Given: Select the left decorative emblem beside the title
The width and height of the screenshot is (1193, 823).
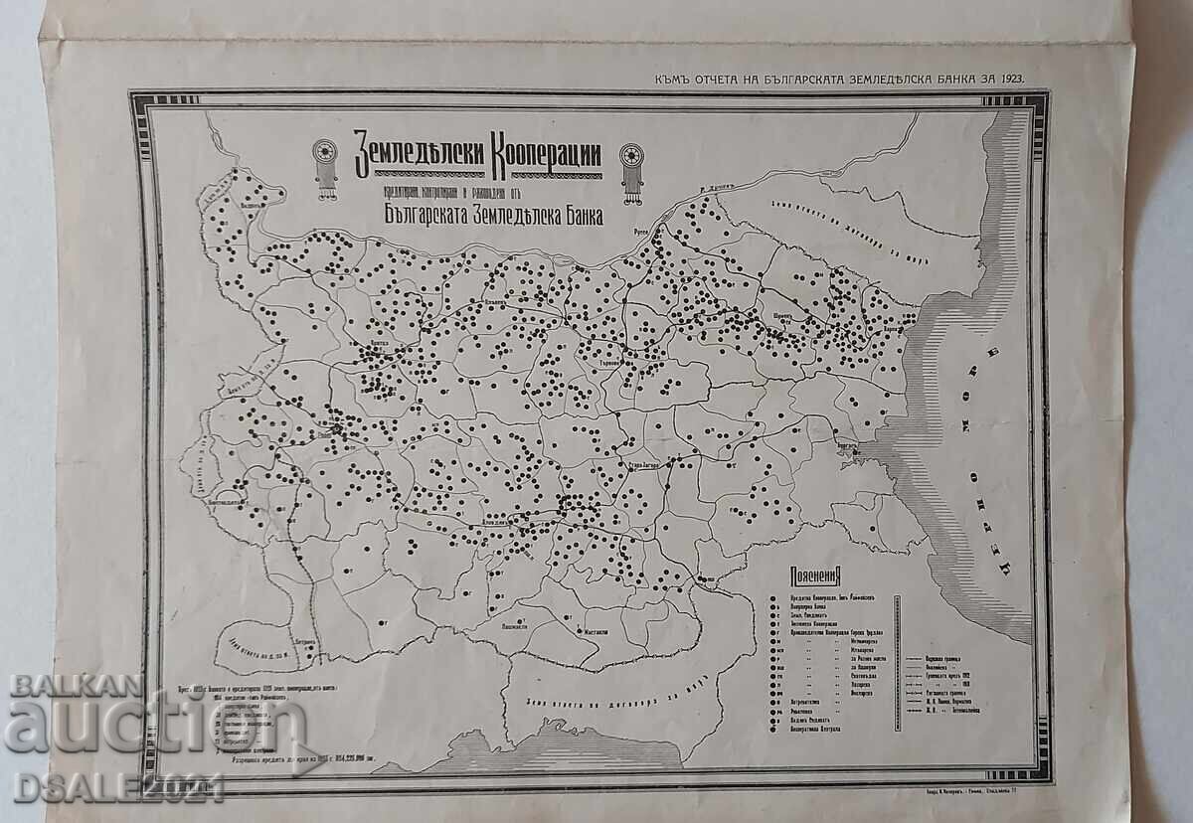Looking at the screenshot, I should pyautogui.click(x=324, y=167).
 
